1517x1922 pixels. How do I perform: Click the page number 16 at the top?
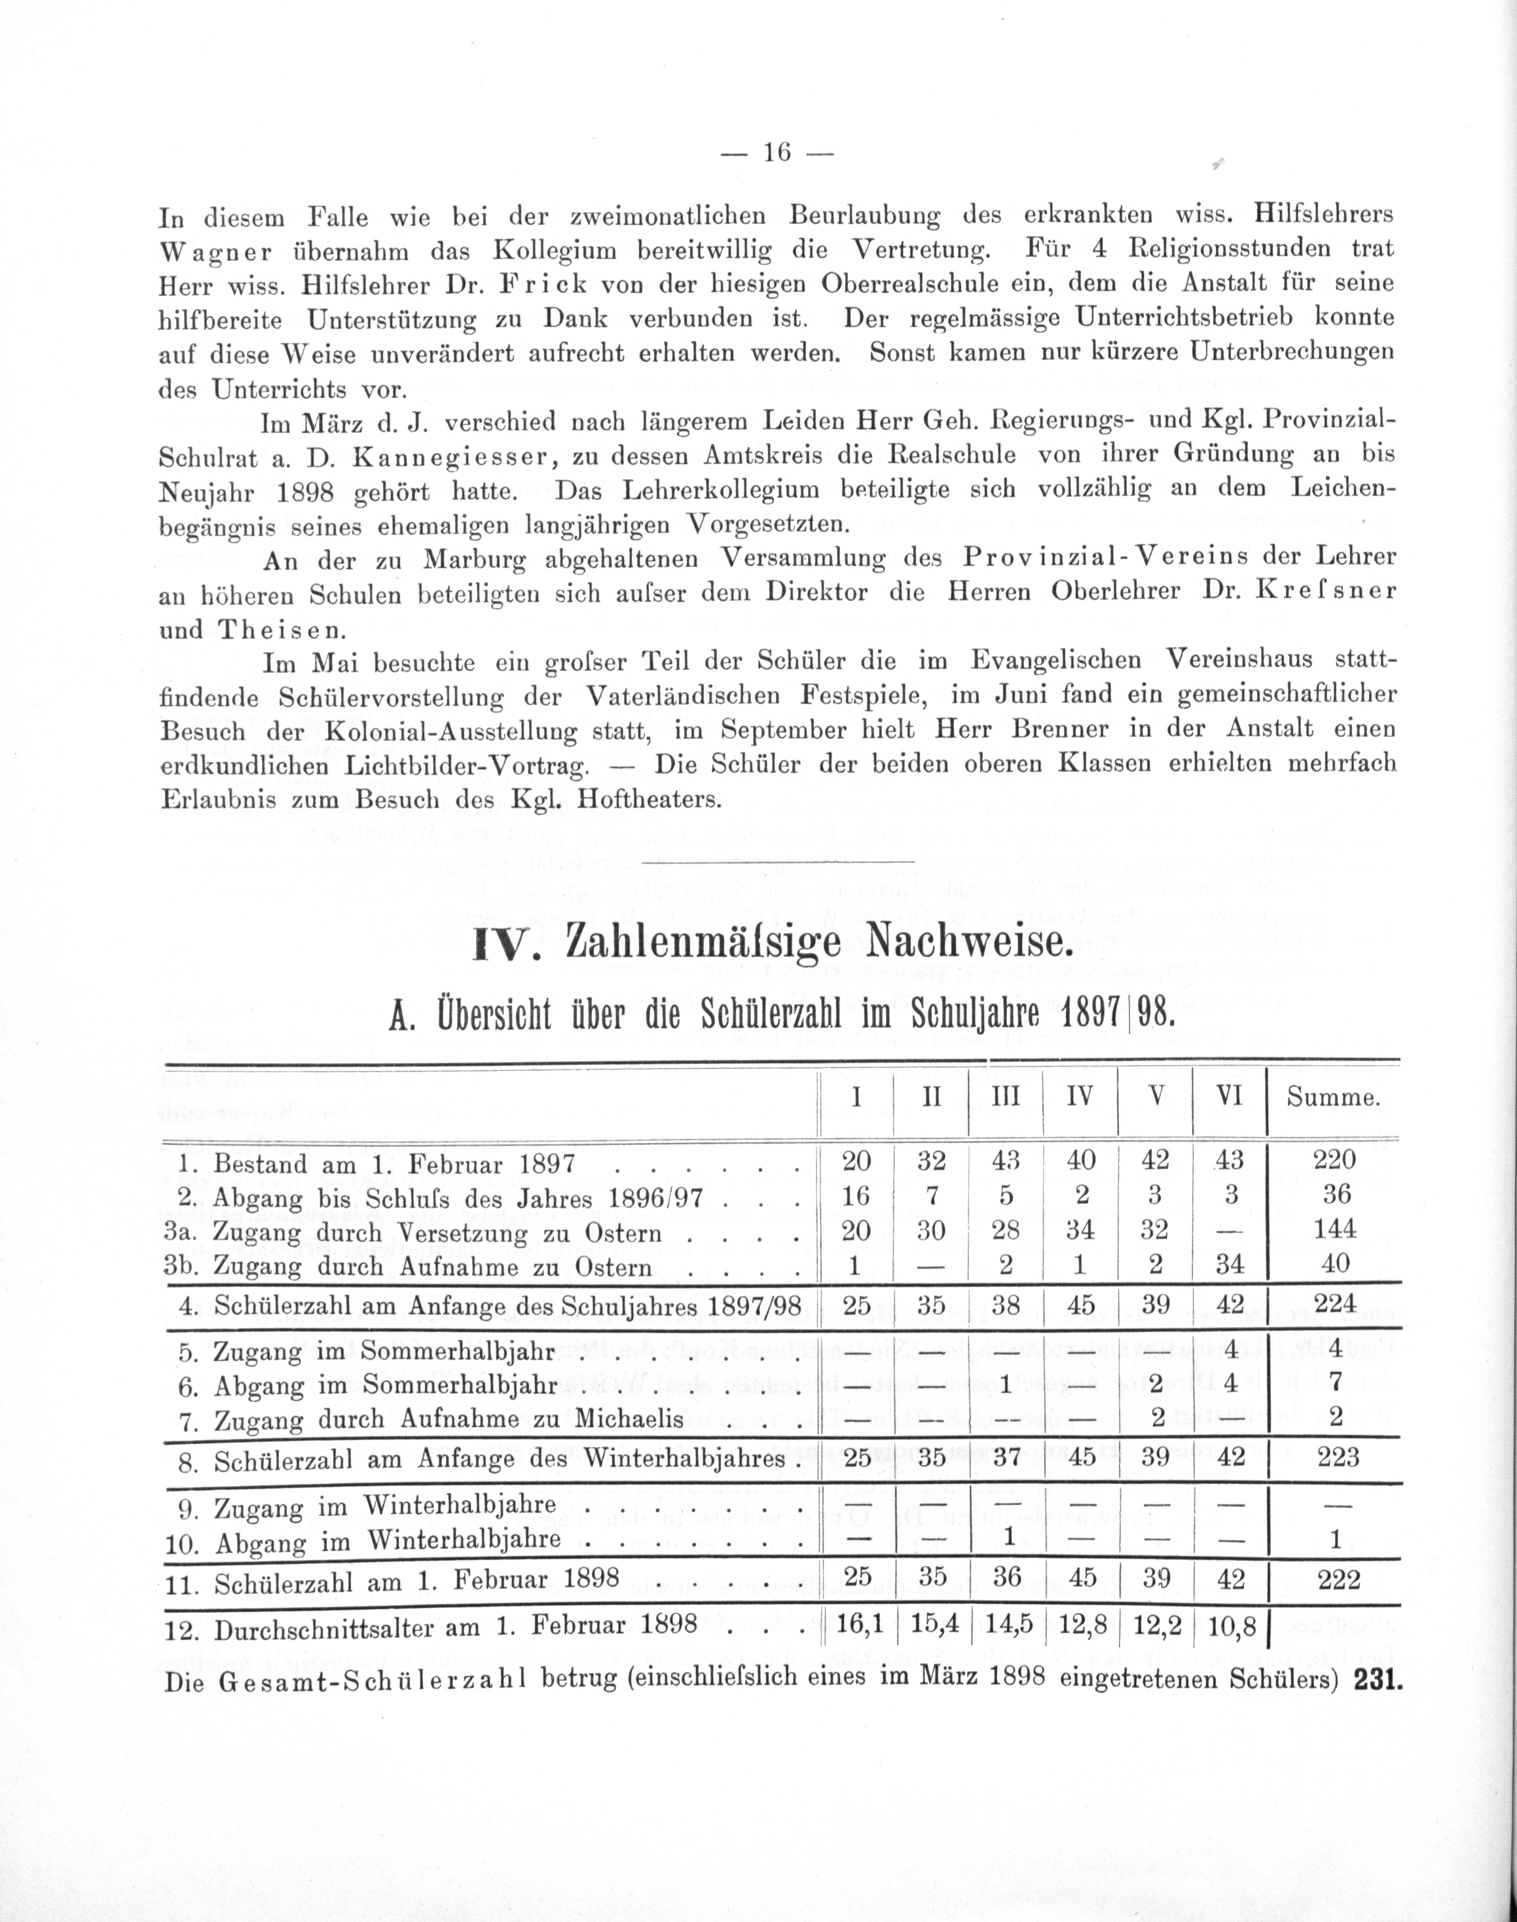point(777,153)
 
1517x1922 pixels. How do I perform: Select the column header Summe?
point(1333,1098)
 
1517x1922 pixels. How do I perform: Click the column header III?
point(1006,1098)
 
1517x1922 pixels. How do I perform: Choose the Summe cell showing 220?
point(1336,1160)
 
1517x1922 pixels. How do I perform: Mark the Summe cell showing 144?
point(1336,1230)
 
